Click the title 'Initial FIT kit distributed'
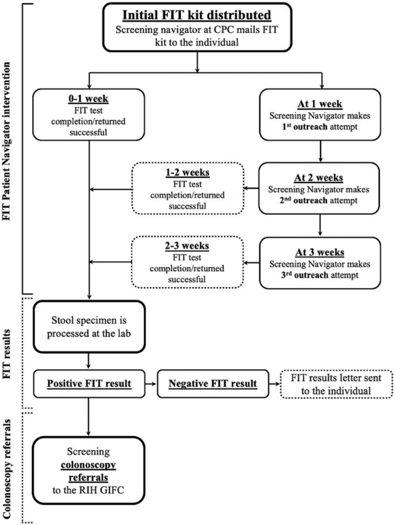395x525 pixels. [198, 14]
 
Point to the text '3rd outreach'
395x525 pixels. [300, 275]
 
